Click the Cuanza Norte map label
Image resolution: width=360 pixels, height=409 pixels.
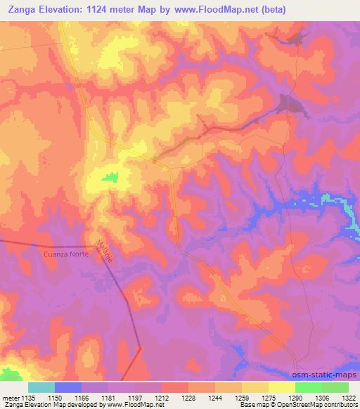[60, 254]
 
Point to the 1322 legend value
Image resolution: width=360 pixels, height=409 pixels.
[340, 397]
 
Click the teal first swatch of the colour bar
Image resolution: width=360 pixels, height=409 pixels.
[41, 387]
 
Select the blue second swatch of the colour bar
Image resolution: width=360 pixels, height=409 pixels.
[68, 387]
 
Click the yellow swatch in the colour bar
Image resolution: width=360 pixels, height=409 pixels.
[281, 387]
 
